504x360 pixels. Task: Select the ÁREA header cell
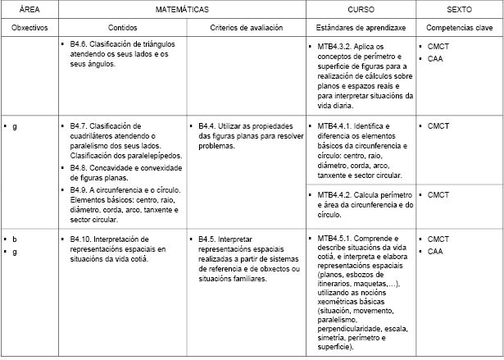pos(30,9)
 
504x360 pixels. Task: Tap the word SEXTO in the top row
pos(459,9)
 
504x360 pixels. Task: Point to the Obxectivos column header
pos(30,27)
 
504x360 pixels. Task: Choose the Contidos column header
pos(122,27)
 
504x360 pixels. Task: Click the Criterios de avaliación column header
pos(246,27)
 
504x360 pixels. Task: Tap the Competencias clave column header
pos(459,27)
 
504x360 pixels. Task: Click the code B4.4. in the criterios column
pos(208,125)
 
